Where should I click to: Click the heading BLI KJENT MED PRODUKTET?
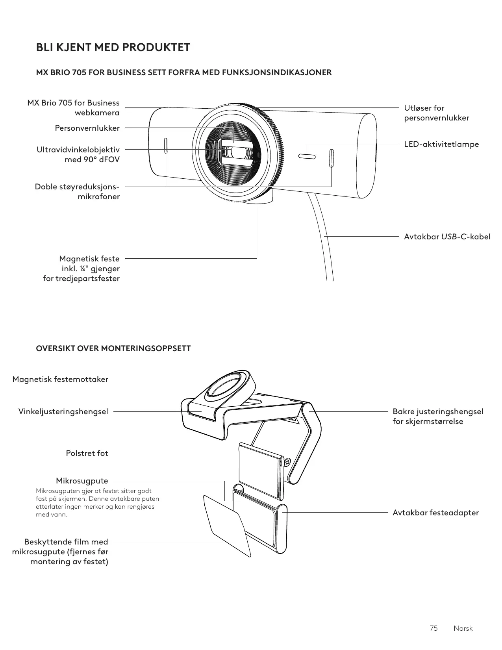[113, 48]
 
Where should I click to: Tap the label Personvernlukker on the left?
[87, 128]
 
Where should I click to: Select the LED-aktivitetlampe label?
[441, 144]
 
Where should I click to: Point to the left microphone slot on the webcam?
[166, 146]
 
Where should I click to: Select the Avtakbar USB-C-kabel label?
[447, 237]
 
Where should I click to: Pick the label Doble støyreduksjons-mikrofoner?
[77, 191]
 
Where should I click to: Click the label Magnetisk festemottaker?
[60, 379]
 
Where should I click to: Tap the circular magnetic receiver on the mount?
[224, 389]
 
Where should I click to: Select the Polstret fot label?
[87, 453]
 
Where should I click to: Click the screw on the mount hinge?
[287, 461]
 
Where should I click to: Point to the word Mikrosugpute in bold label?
[82, 481]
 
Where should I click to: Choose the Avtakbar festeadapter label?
[435, 513]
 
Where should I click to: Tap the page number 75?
[433, 628]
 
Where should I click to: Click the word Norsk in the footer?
[463, 628]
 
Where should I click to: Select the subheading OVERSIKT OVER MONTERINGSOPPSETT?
[113, 348]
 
